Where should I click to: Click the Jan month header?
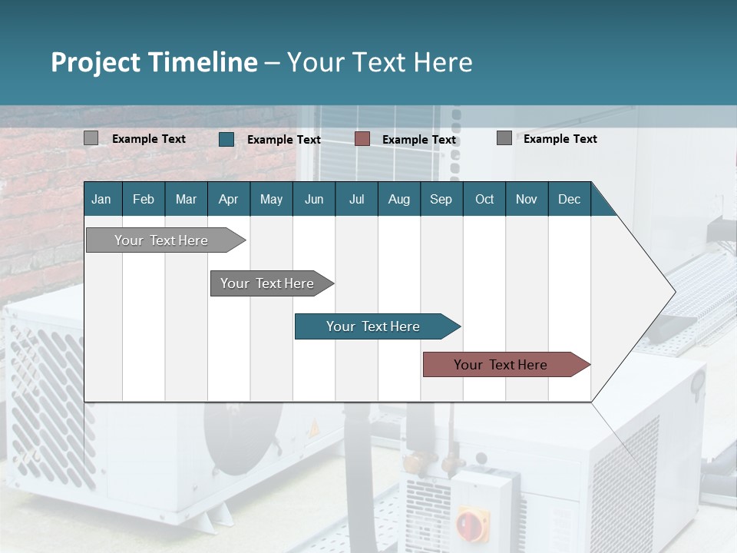click(101, 200)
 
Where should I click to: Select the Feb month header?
click(144, 200)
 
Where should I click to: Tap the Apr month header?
click(228, 200)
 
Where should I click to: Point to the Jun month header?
click(314, 200)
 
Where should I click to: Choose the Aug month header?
click(398, 200)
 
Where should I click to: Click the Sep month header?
click(441, 200)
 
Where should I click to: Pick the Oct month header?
click(484, 200)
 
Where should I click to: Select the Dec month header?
click(569, 200)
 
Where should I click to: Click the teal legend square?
click(226, 139)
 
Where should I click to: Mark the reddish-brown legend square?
click(362, 139)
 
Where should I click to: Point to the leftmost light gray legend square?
click(91, 138)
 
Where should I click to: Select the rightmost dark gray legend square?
click(504, 138)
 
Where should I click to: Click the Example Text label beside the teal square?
click(284, 140)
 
